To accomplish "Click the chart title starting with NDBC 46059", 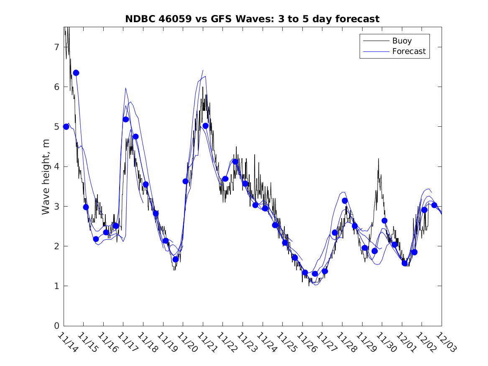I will coord(252,19).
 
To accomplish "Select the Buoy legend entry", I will coord(401,41).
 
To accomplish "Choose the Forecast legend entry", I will coord(409,51).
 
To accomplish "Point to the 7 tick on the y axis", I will coord(56,47).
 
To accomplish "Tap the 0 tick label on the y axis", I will coord(56,326).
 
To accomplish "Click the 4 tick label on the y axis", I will coord(56,166).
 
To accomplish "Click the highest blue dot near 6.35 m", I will coord(76,73).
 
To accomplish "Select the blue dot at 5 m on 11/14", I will coord(66,127).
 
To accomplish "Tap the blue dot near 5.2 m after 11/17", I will coord(126,119).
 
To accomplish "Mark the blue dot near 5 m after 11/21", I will coord(205,126).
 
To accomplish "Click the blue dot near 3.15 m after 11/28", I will coord(345,201).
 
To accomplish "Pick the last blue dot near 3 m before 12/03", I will coord(434,205).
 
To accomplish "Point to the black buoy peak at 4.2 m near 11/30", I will coord(378,159).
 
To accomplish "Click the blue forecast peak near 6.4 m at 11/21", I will coord(203,70).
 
